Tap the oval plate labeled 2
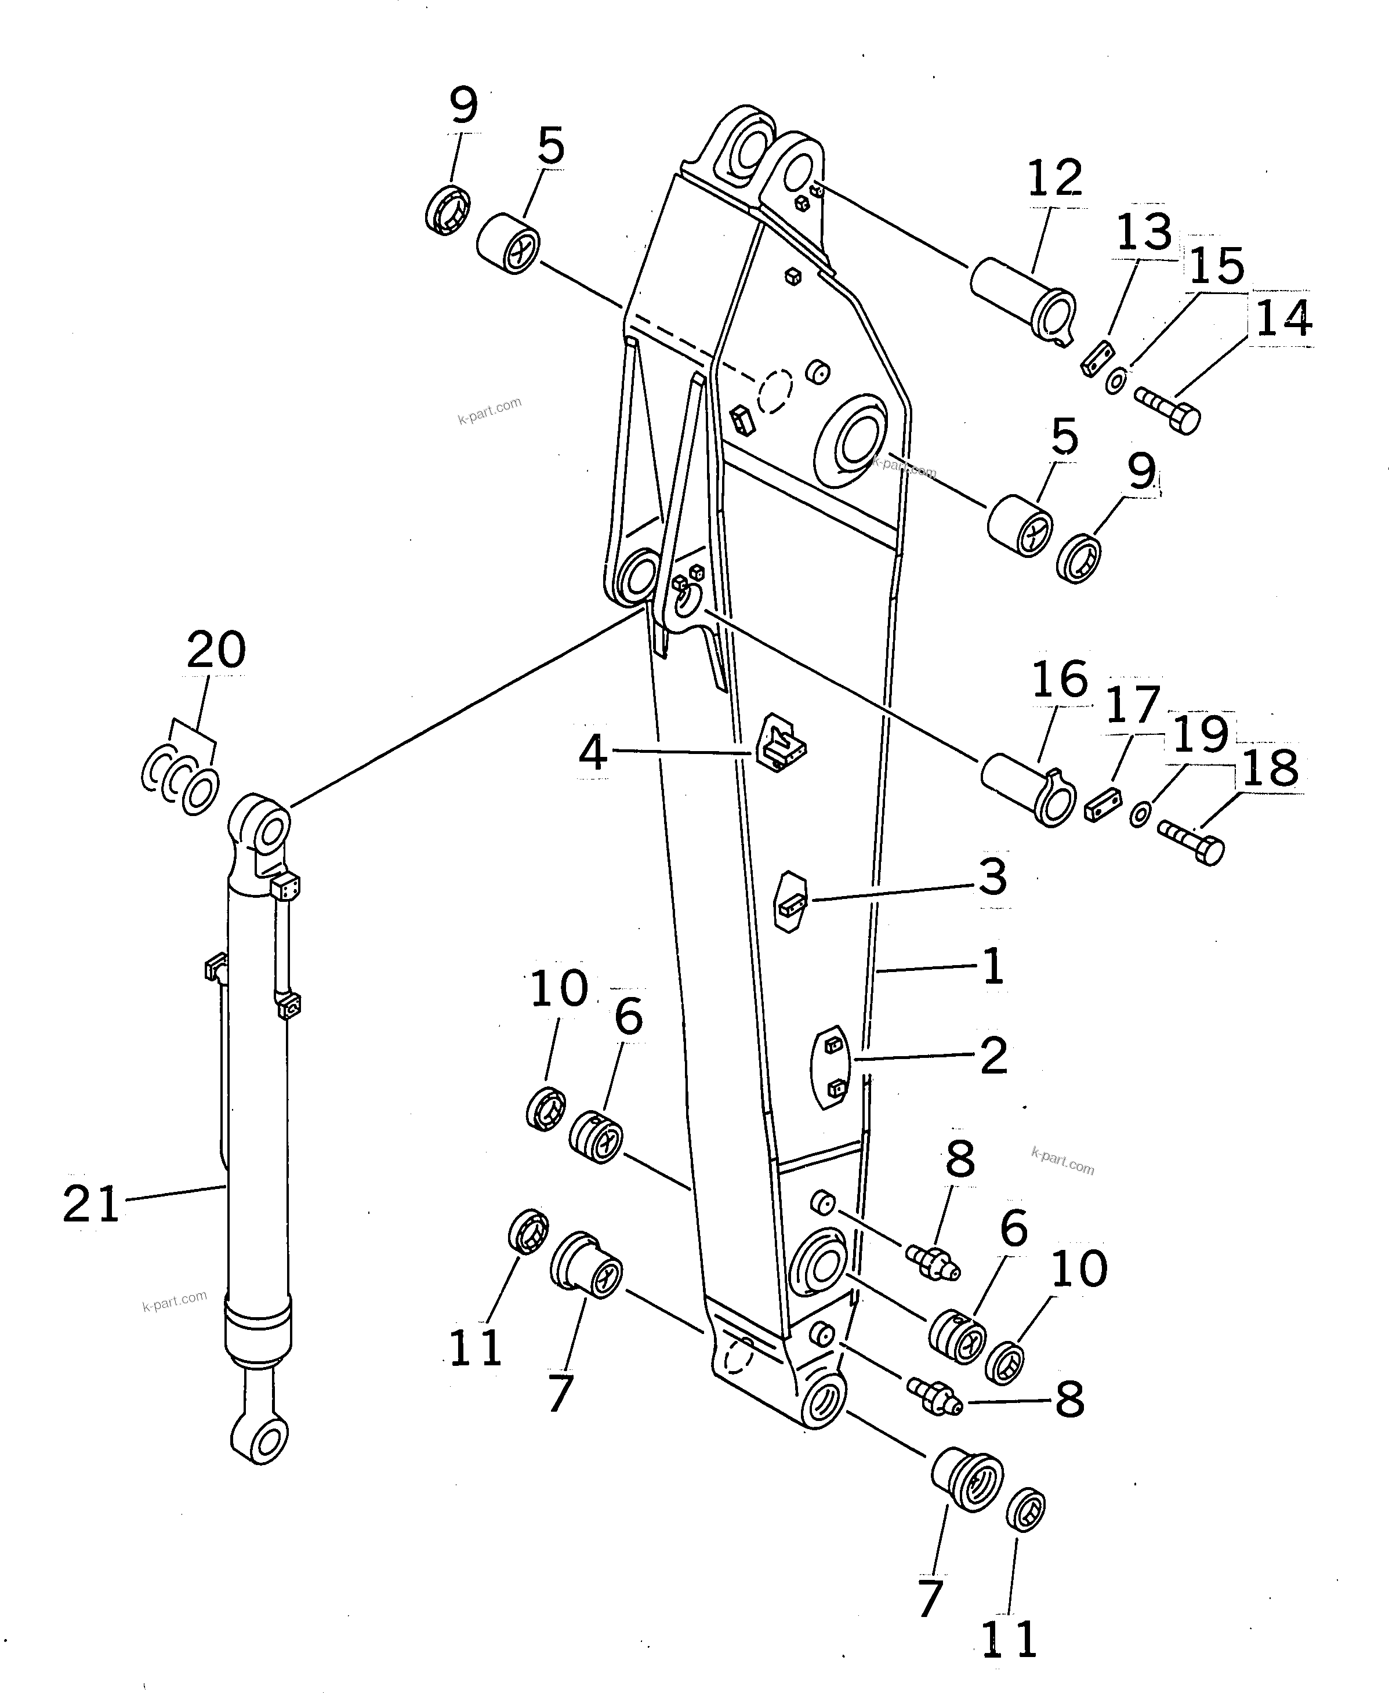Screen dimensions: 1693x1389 pos(831,1067)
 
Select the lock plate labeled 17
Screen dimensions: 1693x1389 pos(1103,807)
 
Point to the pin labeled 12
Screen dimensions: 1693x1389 pos(1022,300)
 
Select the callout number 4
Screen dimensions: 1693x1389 pos(593,752)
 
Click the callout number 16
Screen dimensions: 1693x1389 pos(1060,679)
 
